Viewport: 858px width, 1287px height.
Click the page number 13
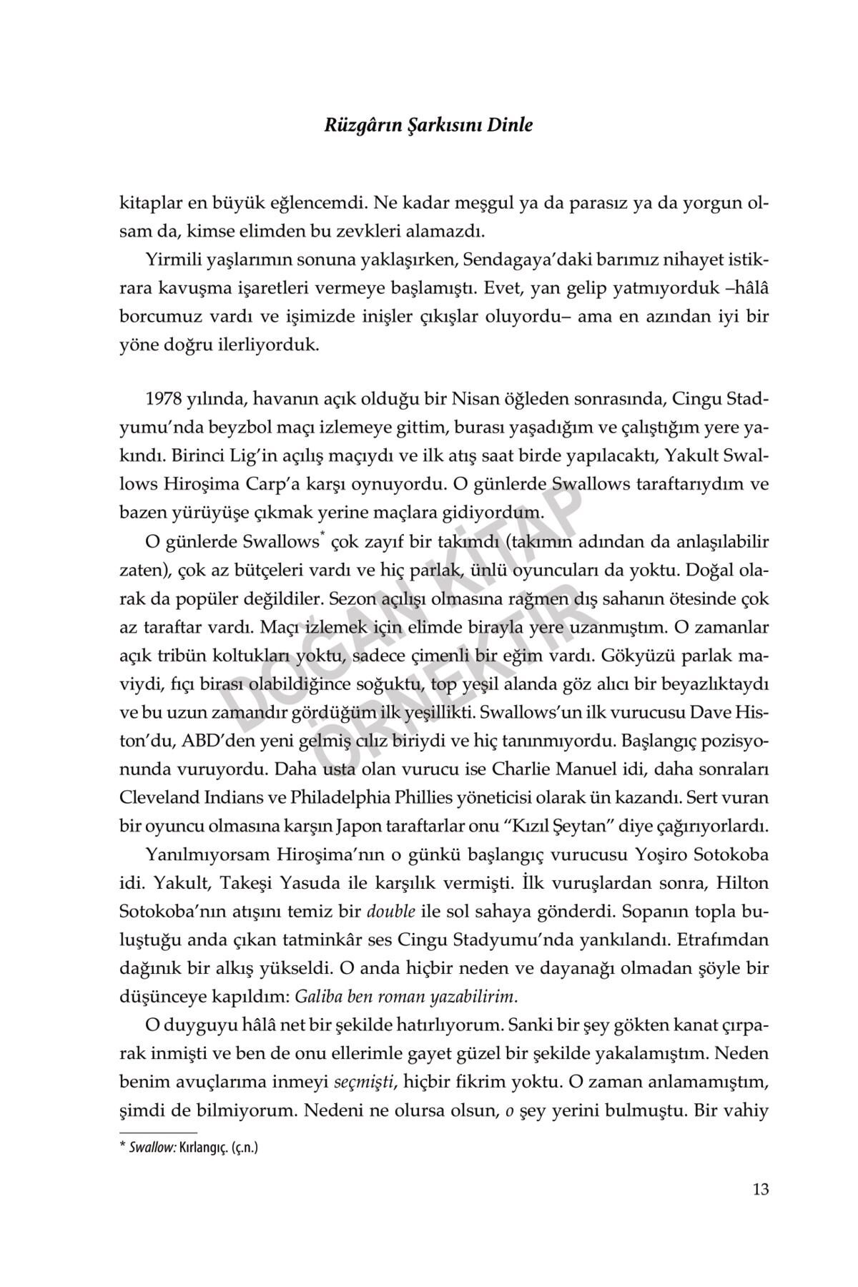pos(760,1190)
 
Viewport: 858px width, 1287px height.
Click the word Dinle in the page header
pos(510,125)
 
